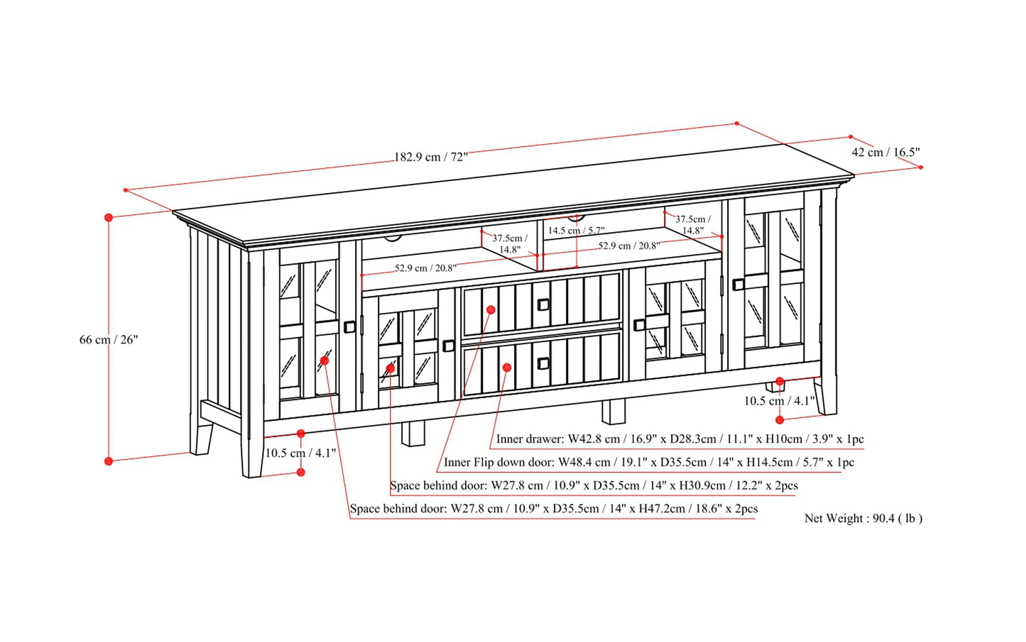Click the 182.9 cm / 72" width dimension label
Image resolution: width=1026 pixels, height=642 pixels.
[431, 157]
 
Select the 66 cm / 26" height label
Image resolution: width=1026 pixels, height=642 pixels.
[109, 340]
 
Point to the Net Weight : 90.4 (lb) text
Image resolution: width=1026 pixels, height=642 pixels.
[863, 518]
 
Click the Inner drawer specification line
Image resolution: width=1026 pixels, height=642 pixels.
[680, 439]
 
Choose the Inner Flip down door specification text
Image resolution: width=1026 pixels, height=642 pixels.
[649, 462]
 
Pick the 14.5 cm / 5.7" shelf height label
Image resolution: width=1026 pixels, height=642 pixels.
[577, 230]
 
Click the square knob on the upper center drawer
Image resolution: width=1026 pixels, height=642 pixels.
[542, 304]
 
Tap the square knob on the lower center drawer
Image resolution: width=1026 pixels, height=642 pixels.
[542, 363]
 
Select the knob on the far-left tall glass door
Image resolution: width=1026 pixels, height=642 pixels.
[349, 327]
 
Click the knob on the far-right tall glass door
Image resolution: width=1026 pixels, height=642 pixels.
[738, 284]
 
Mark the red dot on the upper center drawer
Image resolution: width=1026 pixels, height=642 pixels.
[491, 310]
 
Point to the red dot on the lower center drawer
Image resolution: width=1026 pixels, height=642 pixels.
[506, 367]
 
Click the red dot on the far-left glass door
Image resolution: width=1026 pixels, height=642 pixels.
[324, 360]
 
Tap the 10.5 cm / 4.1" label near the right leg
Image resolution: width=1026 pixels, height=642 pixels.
[779, 401]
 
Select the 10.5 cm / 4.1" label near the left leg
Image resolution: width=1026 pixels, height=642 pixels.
[300, 453]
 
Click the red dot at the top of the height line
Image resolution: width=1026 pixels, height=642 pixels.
[109, 217]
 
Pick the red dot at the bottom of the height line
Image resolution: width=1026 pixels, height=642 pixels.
[109, 461]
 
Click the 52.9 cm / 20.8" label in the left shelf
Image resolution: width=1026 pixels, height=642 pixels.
[425, 268]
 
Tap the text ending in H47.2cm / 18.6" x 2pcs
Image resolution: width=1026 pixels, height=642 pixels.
[554, 509]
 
